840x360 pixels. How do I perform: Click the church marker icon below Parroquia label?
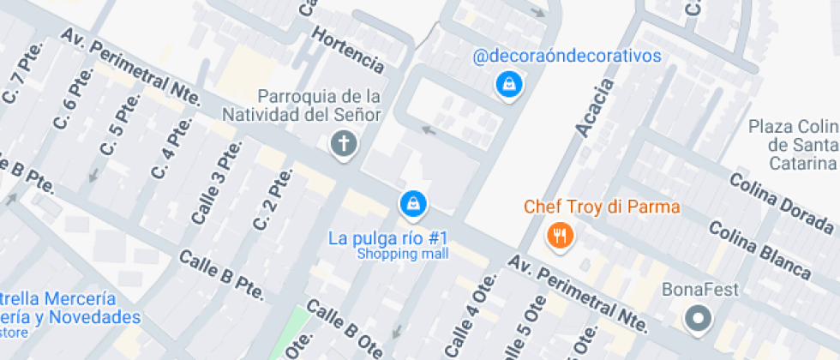(x=344, y=144)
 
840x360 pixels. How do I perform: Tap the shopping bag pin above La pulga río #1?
(x=413, y=203)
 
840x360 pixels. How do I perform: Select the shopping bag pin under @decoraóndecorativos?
(x=509, y=84)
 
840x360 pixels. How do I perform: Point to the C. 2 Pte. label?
(x=273, y=199)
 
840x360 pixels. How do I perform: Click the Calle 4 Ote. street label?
(x=471, y=316)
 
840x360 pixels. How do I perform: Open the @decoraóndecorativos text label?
(x=567, y=56)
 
